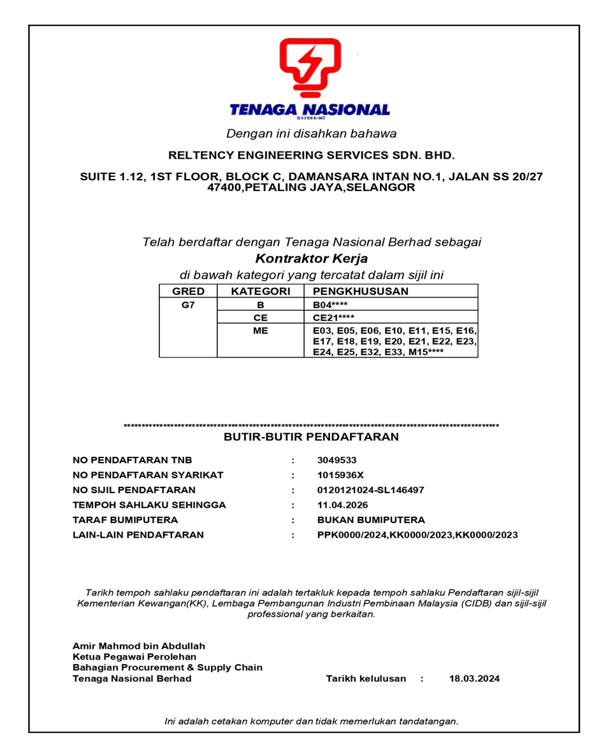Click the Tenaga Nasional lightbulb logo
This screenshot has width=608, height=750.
tap(310, 68)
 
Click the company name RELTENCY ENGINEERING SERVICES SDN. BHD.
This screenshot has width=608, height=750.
tap(311, 155)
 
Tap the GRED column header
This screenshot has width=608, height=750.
tap(189, 291)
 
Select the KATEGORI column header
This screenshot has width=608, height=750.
tap(260, 291)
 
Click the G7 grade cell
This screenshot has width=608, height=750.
tap(188, 305)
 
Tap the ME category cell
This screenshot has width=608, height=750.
tap(260, 331)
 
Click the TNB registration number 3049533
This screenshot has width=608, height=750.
tap(337, 460)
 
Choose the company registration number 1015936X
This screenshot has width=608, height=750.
tap(340, 475)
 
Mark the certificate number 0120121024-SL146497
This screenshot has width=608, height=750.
tap(370, 490)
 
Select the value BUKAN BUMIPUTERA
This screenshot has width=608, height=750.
tap(370, 520)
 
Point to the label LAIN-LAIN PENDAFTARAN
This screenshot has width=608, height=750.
tap(138, 535)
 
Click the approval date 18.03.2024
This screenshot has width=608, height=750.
tap(474, 679)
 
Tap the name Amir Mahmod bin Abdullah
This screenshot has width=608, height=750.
tap(139, 646)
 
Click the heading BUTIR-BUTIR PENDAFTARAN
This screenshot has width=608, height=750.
tap(311, 437)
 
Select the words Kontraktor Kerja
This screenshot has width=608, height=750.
tap(311, 259)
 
